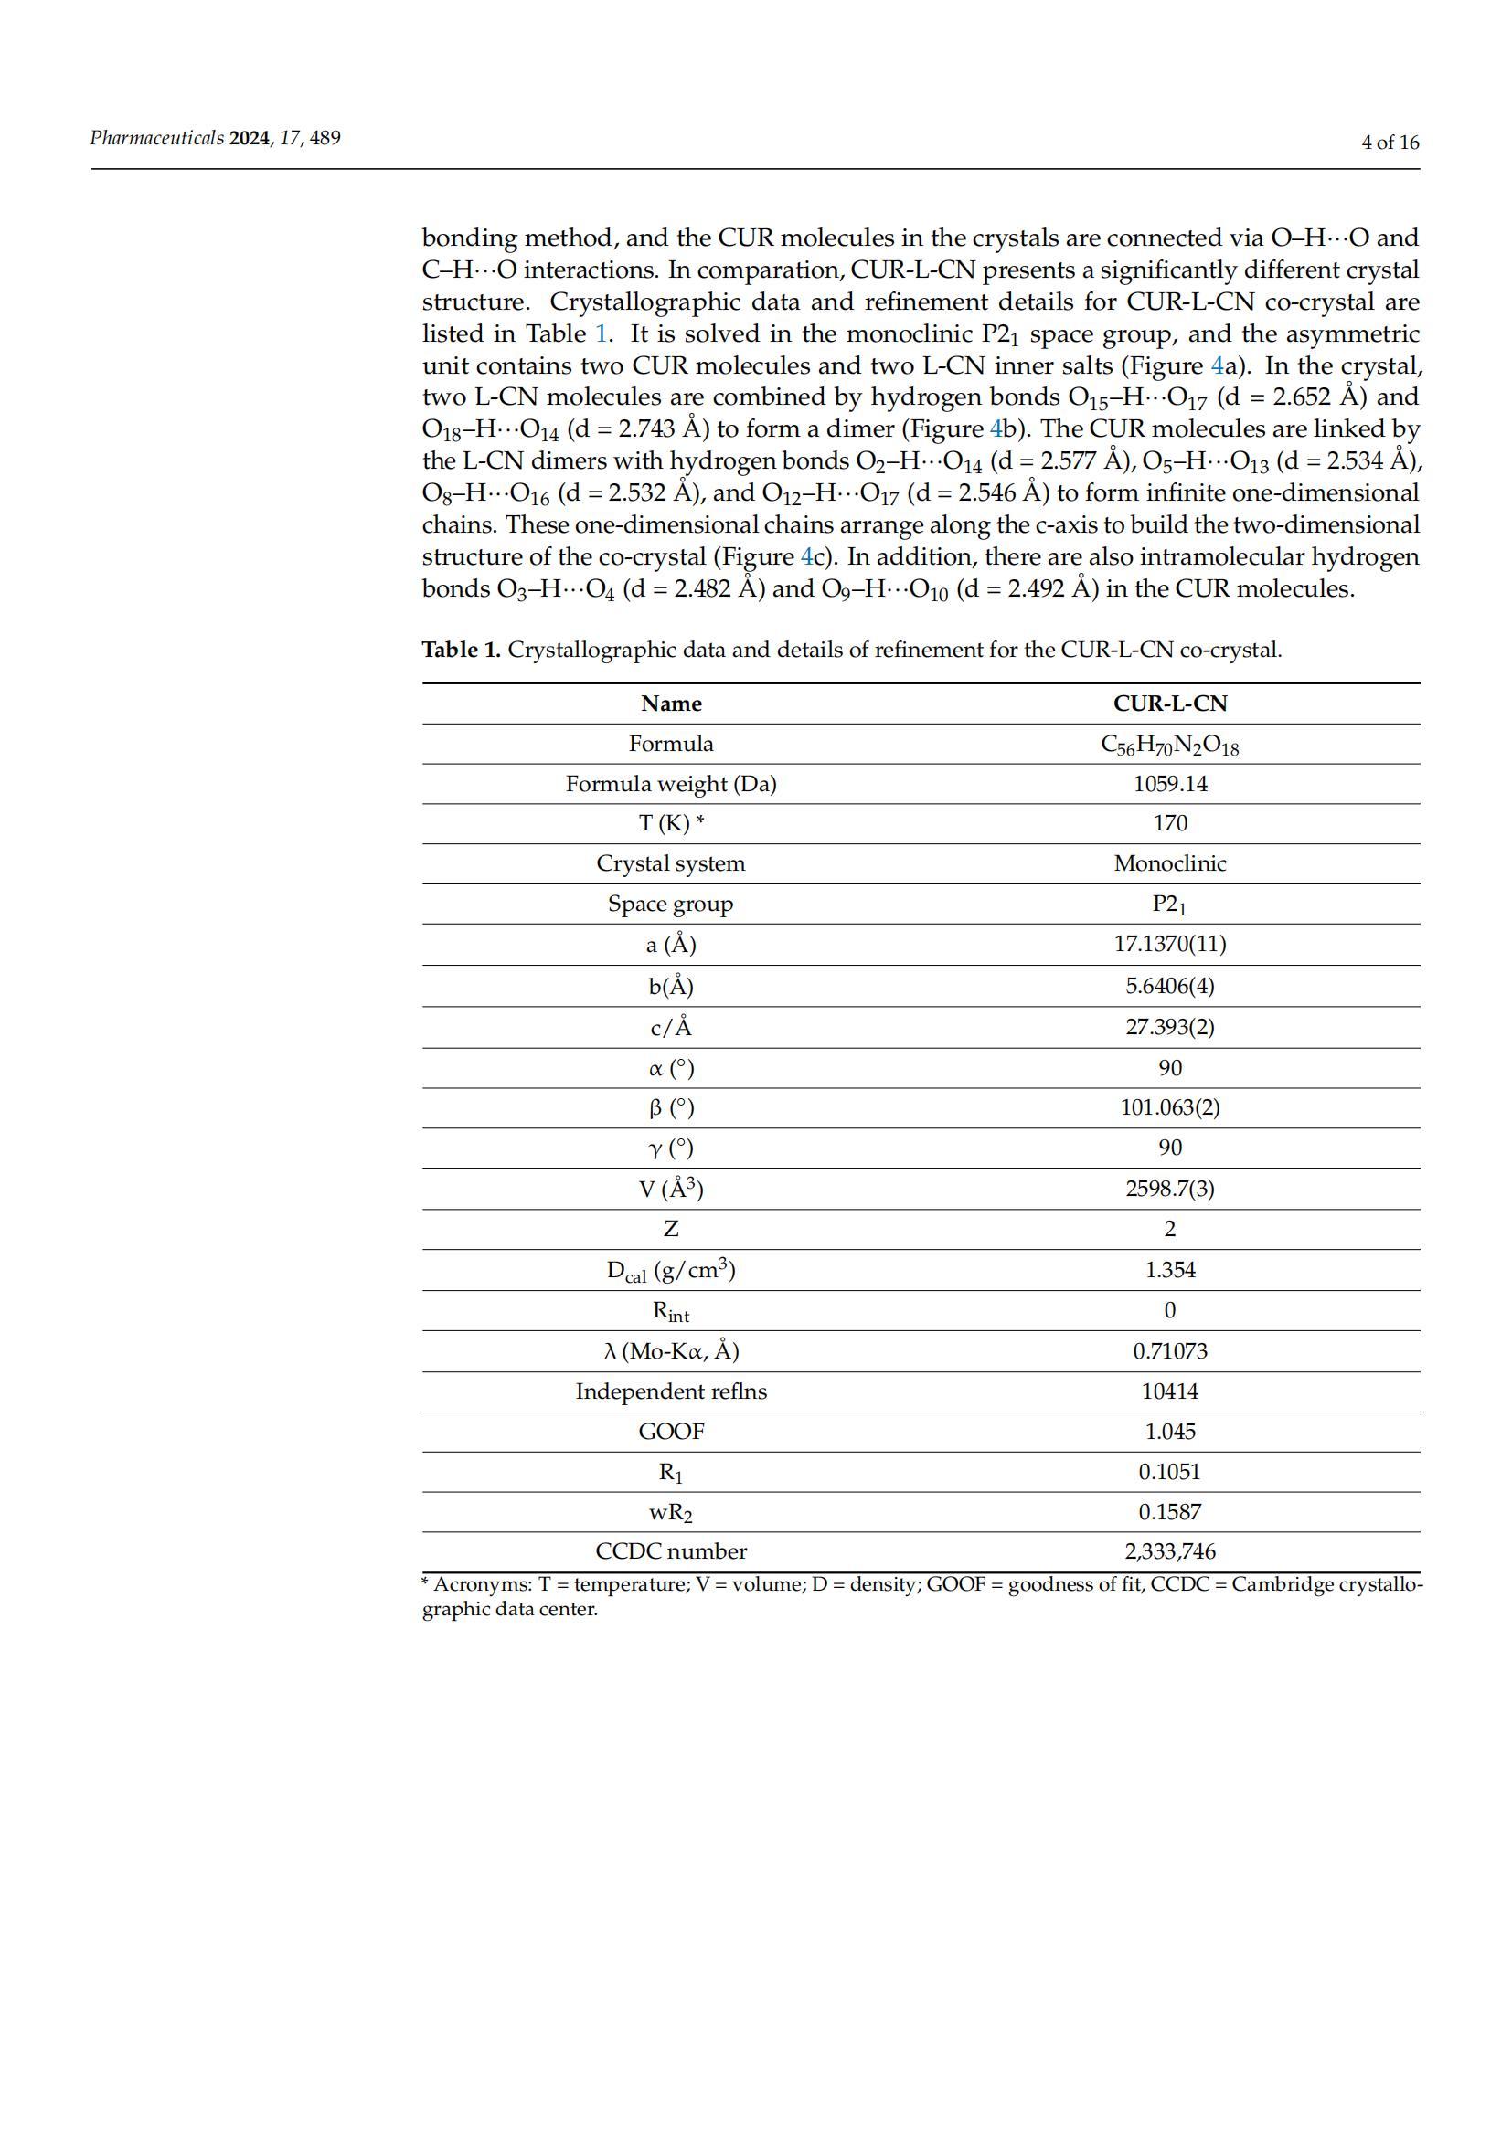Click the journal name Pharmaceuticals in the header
156,139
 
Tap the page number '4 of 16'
1390,143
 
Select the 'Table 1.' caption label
461,650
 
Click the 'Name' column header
670,704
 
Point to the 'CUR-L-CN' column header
1169,704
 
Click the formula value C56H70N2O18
1169,745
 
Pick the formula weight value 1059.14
1169,784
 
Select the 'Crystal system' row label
670,863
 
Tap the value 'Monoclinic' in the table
1169,863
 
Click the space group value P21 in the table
1169,904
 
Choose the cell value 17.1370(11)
1169,944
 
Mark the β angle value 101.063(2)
1169,1107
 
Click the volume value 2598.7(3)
1169,1189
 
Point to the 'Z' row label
670,1229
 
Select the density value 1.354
1169,1270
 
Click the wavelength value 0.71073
1169,1350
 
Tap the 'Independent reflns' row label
670,1391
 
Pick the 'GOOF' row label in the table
670,1432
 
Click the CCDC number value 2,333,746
1169,1551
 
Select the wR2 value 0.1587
1169,1512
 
